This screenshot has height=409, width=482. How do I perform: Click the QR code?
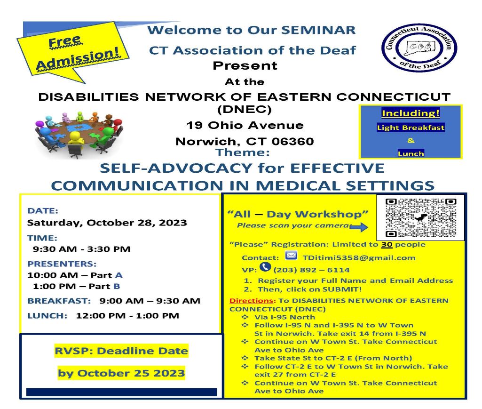tap(420, 218)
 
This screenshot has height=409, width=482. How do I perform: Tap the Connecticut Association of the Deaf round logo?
tap(419, 48)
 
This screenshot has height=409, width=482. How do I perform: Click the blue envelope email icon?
tap(291, 256)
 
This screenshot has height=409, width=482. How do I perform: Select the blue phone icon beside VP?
tap(265, 267)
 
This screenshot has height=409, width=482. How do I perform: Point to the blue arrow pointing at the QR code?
tap(359, 227)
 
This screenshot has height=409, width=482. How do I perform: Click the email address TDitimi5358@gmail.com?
tap(359, 257)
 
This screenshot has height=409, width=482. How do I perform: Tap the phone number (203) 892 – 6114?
tap(311, 270)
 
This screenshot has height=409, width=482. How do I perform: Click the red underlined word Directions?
tap(251, 301)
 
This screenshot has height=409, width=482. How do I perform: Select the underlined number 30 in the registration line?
tap(387, 245)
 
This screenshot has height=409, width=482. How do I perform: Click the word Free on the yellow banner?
tap(65, 41)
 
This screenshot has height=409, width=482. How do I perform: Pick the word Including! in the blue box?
tap(411, 113)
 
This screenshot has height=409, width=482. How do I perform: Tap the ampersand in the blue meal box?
tap(411, 141)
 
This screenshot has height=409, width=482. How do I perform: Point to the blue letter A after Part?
tap(119, 275)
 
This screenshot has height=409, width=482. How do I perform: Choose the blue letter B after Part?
tap(117, 286)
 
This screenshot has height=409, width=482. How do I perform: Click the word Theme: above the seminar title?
tap(243, 152)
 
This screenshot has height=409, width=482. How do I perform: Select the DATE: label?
tap(43, 211)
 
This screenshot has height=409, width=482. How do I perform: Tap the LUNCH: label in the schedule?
tap(47, 316)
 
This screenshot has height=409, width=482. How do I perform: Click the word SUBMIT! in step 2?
tap(342, 289)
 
